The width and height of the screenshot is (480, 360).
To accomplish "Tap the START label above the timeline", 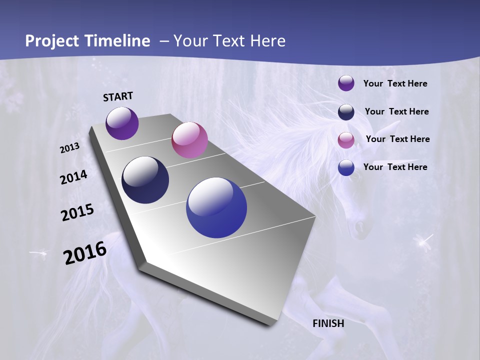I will (118, 96).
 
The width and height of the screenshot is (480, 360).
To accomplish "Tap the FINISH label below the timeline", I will (328, 323).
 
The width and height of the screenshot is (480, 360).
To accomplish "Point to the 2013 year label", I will (70, 148).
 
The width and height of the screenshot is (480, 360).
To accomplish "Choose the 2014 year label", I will (74, 177).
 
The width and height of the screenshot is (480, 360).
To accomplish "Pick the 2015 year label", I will (77, 212).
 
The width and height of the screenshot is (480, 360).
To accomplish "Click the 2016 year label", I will (85, 253).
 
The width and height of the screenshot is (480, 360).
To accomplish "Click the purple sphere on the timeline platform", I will (122, 123).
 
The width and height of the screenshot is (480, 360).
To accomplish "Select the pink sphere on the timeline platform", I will (189, 140).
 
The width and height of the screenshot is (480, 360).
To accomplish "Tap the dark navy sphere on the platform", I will (145, 180).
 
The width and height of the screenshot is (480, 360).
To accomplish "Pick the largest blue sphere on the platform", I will (216, 207).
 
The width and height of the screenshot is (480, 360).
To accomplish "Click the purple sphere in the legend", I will (346, 83).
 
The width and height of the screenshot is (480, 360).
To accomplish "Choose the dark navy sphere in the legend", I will (346, 112).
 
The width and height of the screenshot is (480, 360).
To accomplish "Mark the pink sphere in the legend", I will (346, 140).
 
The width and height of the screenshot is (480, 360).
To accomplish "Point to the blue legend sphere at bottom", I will (346, 167).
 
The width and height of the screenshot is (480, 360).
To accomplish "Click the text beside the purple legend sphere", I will (395, 84).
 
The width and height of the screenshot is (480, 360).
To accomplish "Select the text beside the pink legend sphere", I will (397, 139).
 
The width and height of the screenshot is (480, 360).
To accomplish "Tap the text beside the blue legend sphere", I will (395, 167).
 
